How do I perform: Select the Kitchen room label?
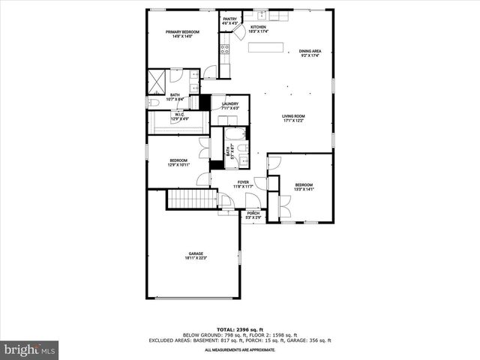point(258,29)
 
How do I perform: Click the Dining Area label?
point(310,53)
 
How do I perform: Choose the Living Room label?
point(292,118)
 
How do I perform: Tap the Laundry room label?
point(229,106)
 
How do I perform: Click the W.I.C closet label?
point(179,117)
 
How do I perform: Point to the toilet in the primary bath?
point(153,103)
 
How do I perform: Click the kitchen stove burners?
point(223,50)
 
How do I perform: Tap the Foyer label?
point(243,184)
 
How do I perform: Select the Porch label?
point(253,215)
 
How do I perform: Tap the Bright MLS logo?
point(30,349)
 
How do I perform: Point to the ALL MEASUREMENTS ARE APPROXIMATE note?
point(239,349)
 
